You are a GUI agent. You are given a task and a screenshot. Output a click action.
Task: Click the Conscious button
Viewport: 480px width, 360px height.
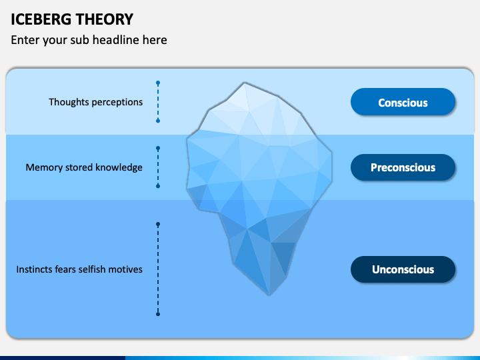coord(403,102)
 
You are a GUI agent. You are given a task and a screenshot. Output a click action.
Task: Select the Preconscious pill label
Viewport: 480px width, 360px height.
coord(403,167)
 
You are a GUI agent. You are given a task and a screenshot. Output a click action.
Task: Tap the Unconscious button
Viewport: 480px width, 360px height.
coord(403,269)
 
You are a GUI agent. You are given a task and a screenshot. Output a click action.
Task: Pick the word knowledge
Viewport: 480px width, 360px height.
coord(119,167)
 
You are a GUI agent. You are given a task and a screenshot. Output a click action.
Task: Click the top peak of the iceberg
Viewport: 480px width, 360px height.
coord(244,83)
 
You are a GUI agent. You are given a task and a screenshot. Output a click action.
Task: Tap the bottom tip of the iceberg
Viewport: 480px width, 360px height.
coord(269,295)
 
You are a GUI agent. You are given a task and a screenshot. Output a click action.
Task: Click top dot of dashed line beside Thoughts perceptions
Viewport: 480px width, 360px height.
coord(158,83)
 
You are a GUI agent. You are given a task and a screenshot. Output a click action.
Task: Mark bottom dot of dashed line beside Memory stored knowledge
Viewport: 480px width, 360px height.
coord(158,186)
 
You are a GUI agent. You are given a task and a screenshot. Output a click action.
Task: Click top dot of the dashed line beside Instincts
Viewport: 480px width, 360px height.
coord(158,225)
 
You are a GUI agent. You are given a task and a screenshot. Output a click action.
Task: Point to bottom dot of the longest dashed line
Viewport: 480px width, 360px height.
coord(158,314)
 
